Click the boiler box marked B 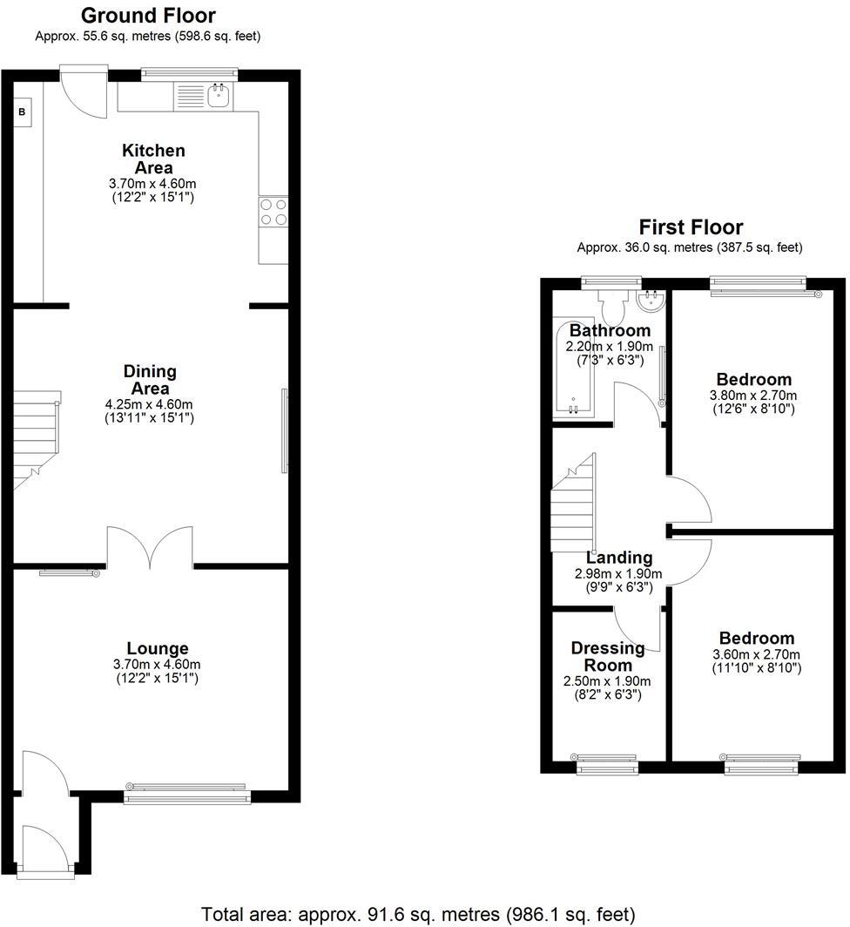(23, 112)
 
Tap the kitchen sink (218, 96)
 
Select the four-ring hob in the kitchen (273, 212)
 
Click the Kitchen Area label (153, 159)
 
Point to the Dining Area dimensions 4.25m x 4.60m (150, 404)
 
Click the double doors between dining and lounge (150, 549)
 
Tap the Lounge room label (158, 648)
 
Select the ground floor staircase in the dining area (35, 440)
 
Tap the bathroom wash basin (651, 301)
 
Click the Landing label (618, 558)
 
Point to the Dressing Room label (608, 656)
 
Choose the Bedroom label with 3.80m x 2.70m (753, 379)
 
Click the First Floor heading (691, 228)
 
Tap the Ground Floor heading (148, 15)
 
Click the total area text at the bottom (418, 914)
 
